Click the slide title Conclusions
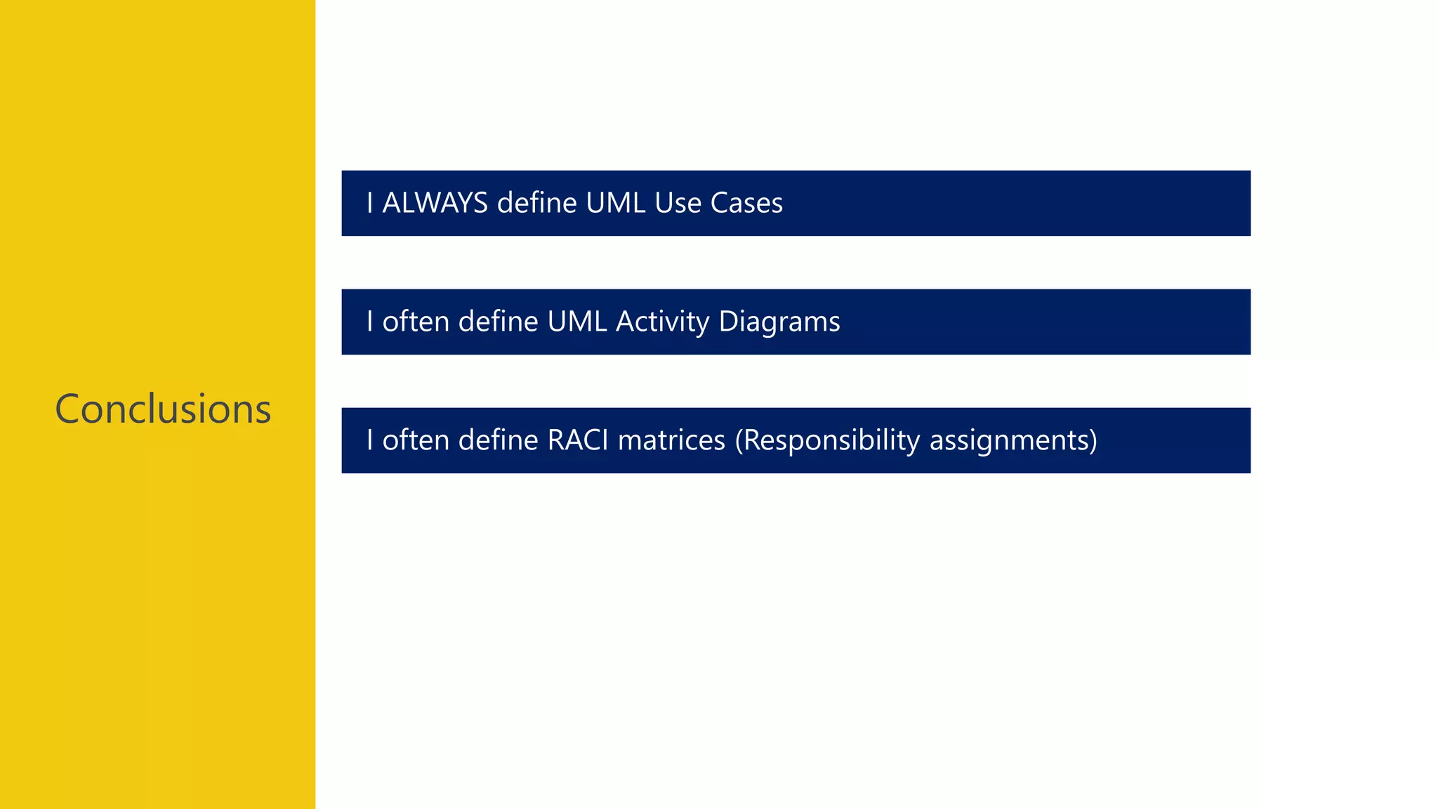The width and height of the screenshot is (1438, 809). (x=163, y=409)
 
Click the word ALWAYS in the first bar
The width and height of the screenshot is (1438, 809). (x=435, y=203)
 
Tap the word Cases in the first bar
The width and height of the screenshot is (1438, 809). (x=746, y=203)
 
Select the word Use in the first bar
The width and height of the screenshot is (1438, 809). (x=678, y=203)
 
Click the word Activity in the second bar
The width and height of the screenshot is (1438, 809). (x=663, y=322)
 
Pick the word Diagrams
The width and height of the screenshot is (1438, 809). (x=779, y=322)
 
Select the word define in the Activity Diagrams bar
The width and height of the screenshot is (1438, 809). (x=498, y=322)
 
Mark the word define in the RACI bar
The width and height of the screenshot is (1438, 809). (x=498, y=440)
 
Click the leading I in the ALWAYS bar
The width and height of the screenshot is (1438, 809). (x=370, y=203)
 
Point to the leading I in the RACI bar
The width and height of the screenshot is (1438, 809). (x=370, y=440)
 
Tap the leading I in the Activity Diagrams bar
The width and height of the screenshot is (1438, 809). (x=370, y=322)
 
